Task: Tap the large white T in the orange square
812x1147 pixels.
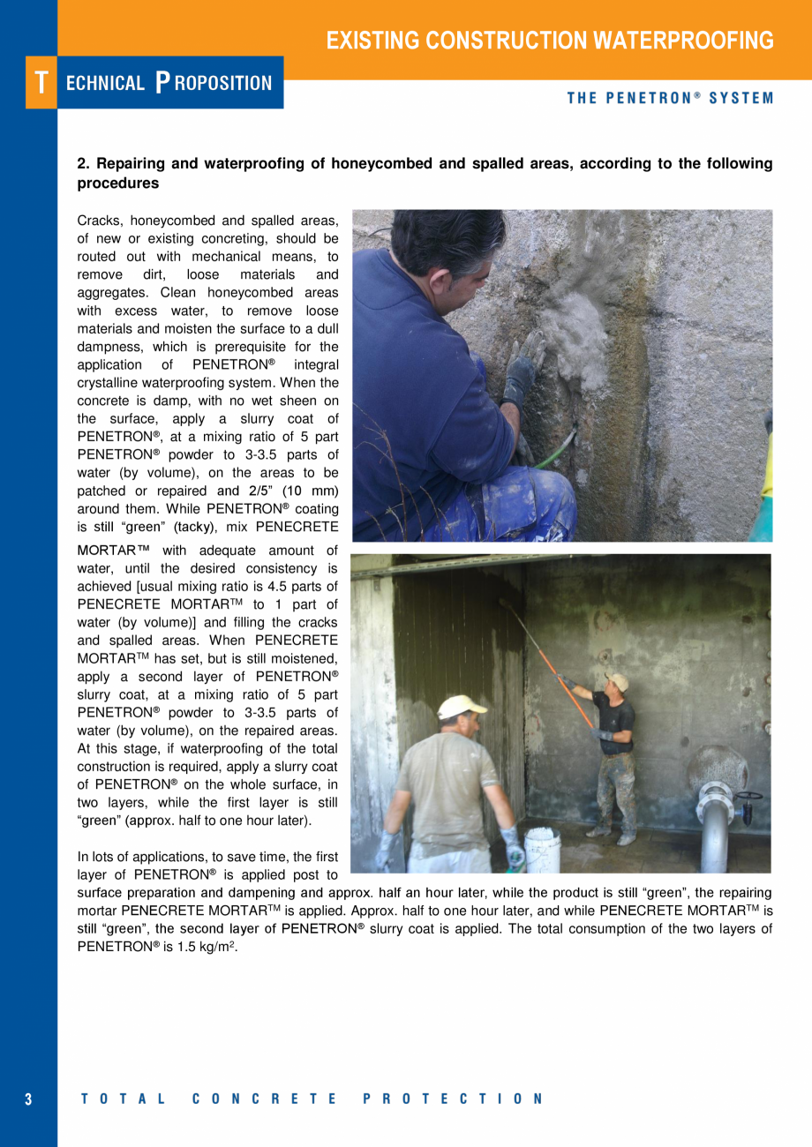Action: coord(41,83)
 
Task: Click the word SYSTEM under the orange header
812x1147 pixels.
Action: coord(741,99)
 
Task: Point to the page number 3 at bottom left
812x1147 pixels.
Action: coord(28,1099)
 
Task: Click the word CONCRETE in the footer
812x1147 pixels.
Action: coord(264,1099)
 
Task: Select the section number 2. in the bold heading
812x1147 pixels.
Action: coord(84,164)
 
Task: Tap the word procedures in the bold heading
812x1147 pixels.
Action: coord(118,184)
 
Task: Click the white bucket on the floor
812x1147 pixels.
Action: coord(542,850)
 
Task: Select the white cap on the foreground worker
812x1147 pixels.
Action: coord(462,706)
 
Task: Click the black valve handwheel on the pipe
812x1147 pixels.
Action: coord(750,798)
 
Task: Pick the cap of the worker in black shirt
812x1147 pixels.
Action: coord(618,681)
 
